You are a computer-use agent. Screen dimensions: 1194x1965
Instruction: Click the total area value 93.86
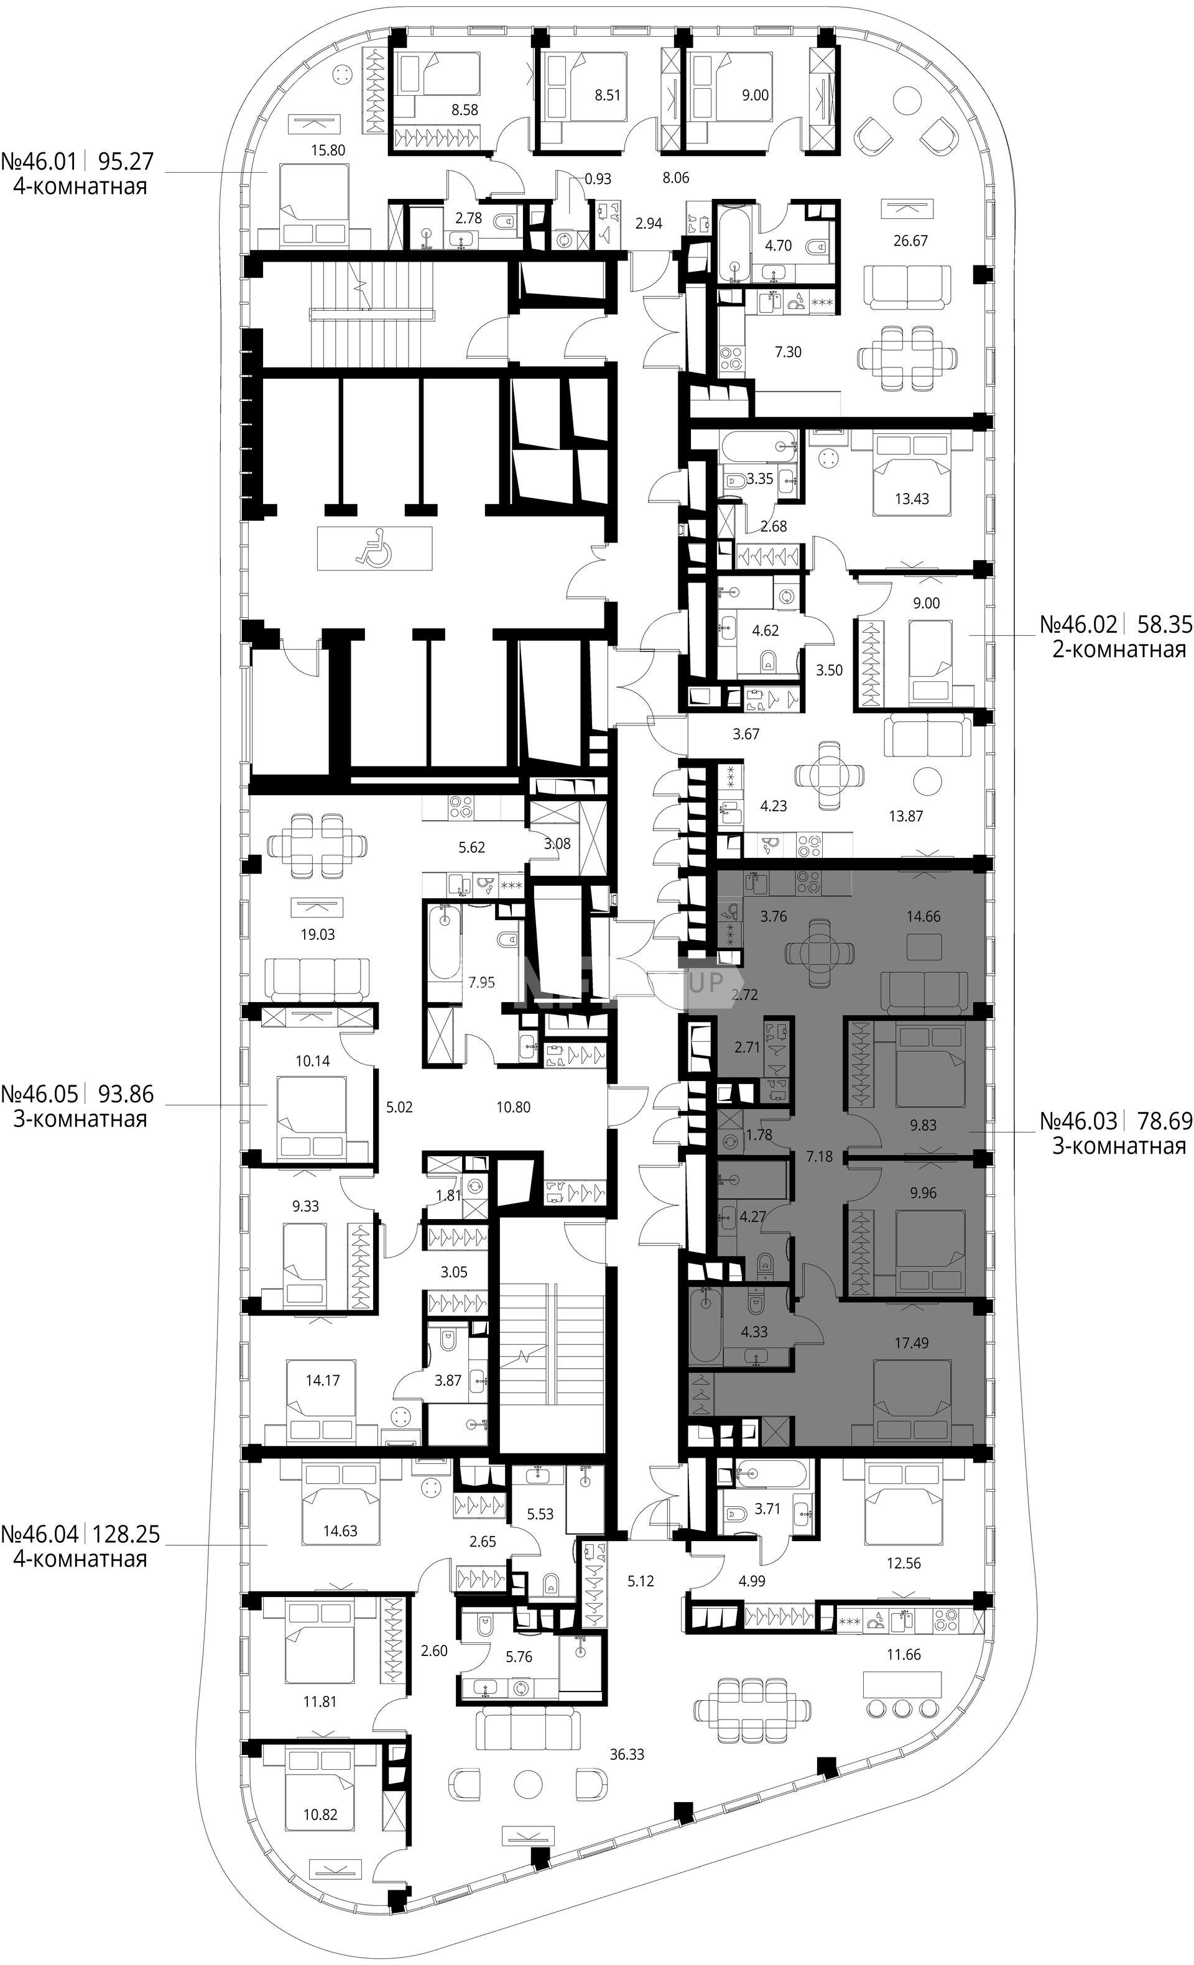point(124,1093)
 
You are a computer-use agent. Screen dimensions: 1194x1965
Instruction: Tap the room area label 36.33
point(626,1754)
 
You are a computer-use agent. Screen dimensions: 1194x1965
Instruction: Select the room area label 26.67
point(910,240)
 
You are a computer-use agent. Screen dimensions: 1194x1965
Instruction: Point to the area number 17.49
point(911,1343)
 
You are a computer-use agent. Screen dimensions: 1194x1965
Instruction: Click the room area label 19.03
point(317,934)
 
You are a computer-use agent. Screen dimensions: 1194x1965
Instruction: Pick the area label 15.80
point(327,149)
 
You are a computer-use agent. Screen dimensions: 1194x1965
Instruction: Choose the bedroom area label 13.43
point(911,499)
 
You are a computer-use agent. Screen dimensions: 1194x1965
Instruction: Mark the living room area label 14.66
point(923,916)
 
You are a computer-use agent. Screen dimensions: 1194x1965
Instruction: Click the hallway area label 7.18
point(819,1156)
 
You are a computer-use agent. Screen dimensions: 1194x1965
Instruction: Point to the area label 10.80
point(513,1107)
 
